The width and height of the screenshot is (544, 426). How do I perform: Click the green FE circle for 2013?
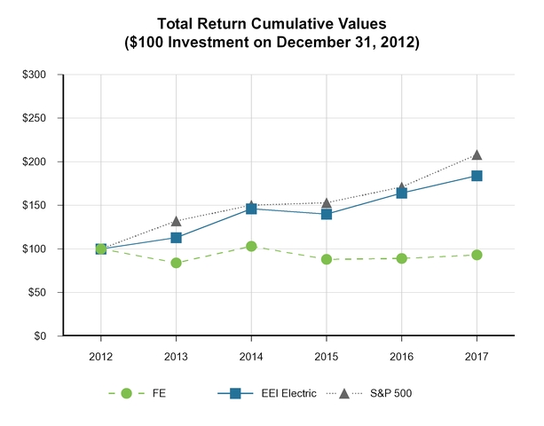coord(177,263)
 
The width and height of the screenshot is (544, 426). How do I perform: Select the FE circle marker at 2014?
coord(251,247)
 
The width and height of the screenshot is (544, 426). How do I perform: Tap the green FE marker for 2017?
coord(477,255)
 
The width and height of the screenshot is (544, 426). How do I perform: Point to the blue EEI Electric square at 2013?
coord(177,238)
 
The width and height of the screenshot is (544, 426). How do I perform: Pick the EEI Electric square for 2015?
coord(327,214)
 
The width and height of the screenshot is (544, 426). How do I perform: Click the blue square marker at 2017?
coord(477,176)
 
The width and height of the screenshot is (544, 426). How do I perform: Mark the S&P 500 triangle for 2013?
coord(177,221)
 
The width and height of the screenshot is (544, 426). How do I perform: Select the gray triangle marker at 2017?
coord(477,155)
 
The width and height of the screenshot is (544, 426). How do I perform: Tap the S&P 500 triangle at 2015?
coord(327,203)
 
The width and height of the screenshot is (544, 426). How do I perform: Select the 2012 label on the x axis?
coord(101,352)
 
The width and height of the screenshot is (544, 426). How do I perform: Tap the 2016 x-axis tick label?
coord(401,352)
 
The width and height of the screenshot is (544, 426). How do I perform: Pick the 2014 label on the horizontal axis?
coord(251,352)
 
